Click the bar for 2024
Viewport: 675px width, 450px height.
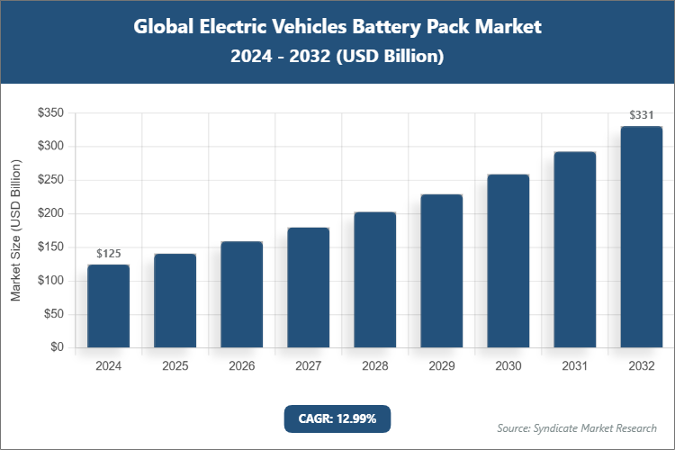pos(108,306)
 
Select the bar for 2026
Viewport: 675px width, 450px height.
pos(241,294)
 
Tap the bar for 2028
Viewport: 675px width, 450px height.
pos(374,280)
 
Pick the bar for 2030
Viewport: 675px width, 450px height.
pos(508,261)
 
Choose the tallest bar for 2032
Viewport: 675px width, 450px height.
pos(641,237)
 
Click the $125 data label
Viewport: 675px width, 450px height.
pos(108,254)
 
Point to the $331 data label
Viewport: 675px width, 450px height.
pos(641,115)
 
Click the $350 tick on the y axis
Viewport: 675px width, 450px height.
pos(49,113)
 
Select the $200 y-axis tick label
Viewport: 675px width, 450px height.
pos(49,213)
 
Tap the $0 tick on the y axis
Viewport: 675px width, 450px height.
pos(57,347)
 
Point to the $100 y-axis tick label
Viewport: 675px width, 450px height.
pos(49,281)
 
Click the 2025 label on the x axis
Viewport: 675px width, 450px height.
pos(175,366)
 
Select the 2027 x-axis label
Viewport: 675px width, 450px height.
pos(308,366)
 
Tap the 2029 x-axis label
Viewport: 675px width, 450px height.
pos(441,366)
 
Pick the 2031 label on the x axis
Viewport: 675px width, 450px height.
pos(574,366)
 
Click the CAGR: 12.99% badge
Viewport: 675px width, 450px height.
pos(337,418)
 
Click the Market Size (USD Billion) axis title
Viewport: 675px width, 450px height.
pos(15,229)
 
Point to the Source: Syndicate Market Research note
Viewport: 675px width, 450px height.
pos(577,427)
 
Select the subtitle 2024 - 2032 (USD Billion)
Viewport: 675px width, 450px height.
pos(337,56)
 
